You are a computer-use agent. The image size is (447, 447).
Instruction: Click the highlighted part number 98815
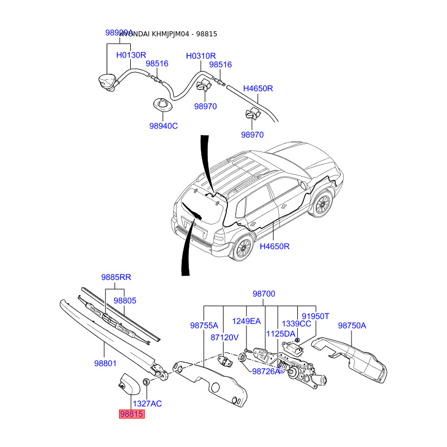click(131, 414)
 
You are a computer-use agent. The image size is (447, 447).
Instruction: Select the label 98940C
click(163, 126)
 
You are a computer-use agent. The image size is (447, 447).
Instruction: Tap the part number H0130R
click(131, 55)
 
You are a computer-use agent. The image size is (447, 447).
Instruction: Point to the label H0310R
click(201, 56)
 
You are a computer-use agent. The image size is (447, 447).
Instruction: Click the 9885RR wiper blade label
click(116, 277)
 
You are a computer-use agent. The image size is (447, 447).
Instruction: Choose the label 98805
click(125, 300)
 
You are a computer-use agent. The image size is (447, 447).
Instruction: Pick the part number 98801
click(105, 363)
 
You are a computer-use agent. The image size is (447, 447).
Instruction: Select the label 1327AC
click(147, 403)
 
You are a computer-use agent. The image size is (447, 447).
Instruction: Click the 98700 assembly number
click(264, 294)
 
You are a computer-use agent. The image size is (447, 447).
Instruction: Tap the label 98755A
click(204, 325)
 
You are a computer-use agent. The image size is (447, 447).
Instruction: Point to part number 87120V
click(225, 337)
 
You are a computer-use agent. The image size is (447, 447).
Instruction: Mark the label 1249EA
click(246, 321)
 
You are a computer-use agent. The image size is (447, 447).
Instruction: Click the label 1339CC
click(296, 324)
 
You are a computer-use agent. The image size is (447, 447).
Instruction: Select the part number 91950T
click(316, 316)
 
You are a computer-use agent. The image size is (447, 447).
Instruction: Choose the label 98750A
click(352, 325)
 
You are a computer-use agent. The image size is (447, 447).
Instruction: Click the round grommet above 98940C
click(161, 105)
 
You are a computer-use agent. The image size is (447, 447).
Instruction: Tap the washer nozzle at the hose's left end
click(107, 80)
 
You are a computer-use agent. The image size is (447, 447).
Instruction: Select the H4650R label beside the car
click(275, 246)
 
